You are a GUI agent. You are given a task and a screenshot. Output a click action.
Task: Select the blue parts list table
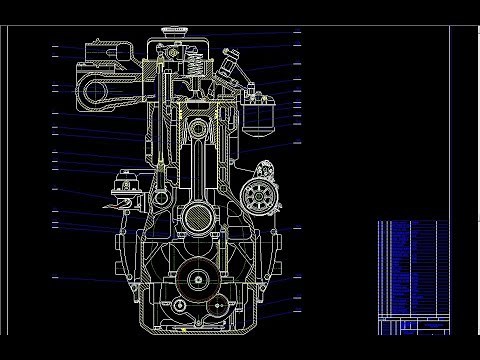point(409,264)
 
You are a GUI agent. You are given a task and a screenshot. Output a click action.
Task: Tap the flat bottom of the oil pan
point(194,330)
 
